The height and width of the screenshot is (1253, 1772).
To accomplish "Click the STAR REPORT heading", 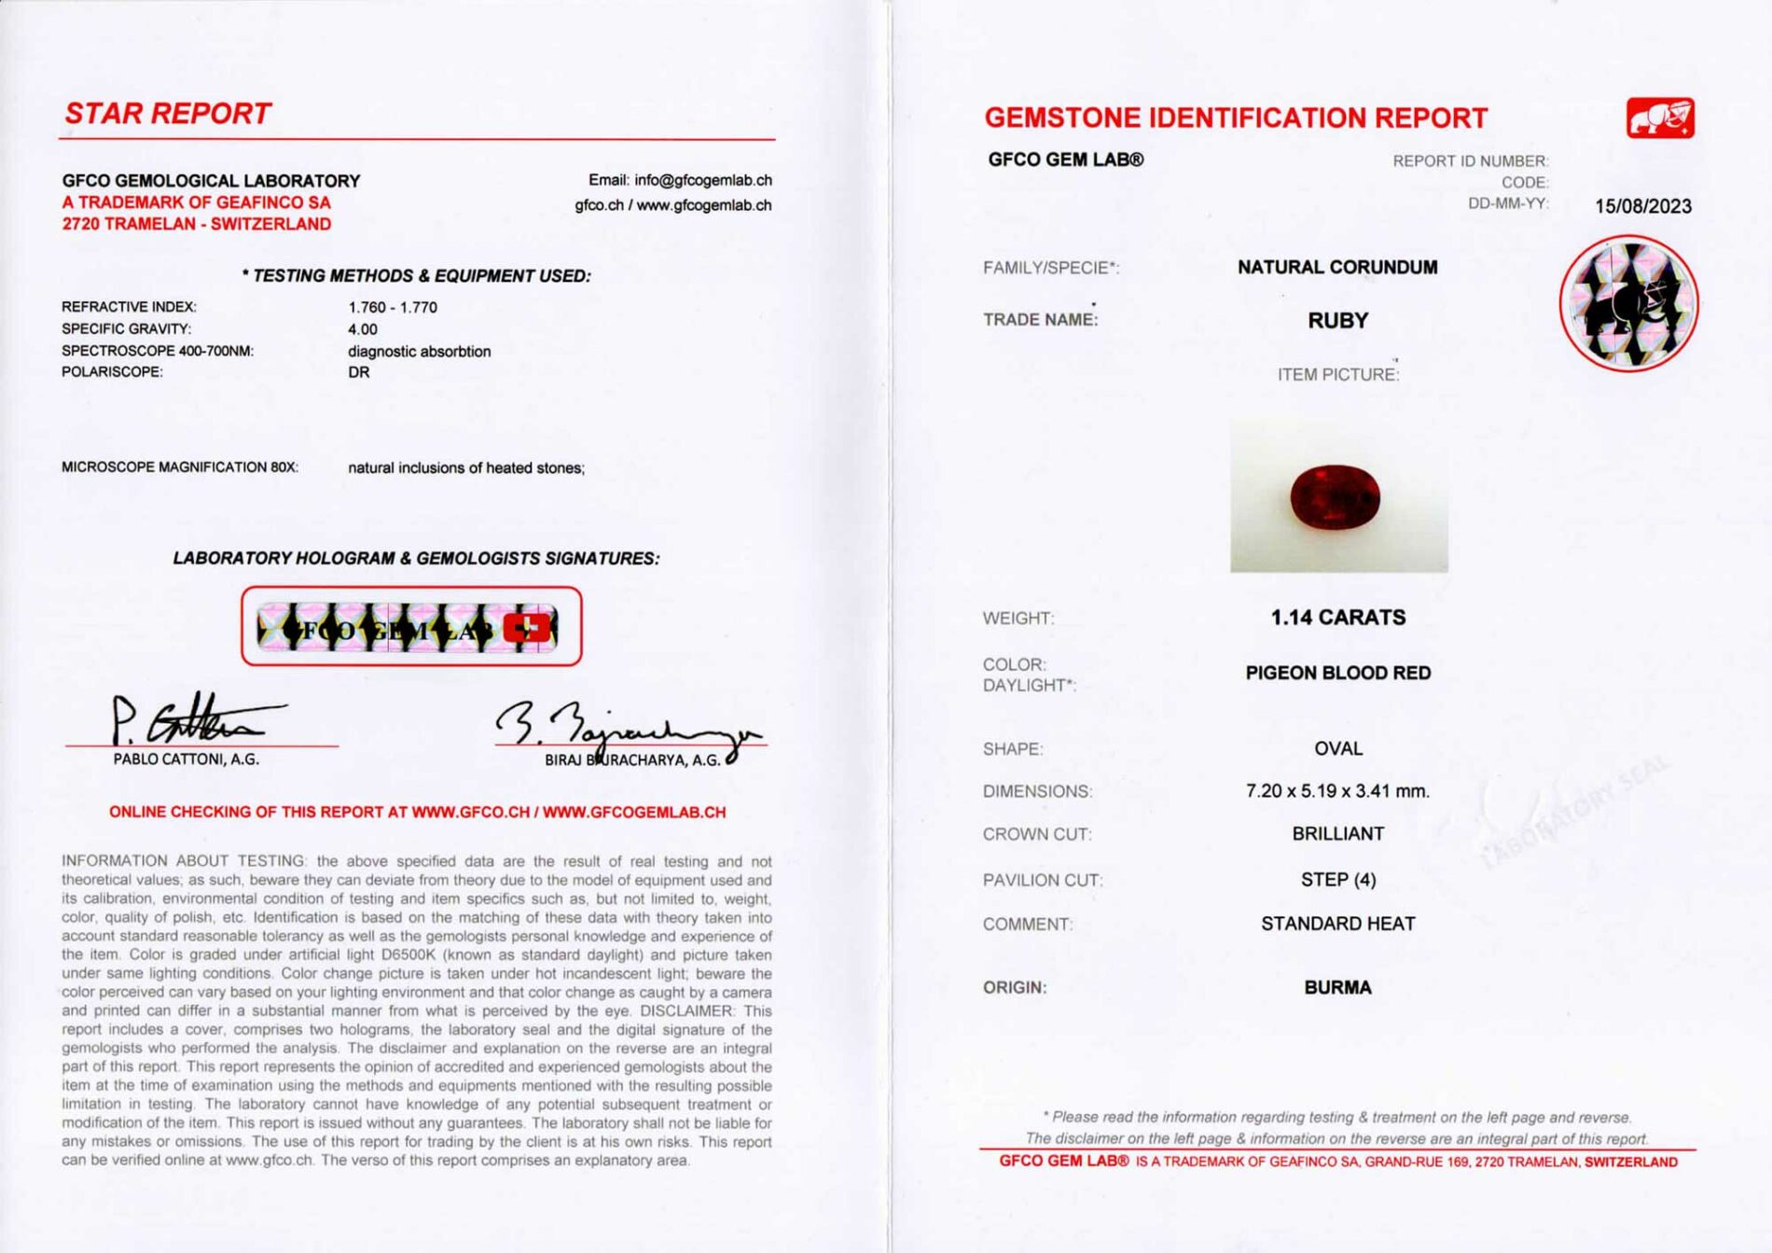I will click(x=168, y=114).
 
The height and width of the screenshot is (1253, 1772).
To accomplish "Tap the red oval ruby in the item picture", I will click(x=1335, y=497).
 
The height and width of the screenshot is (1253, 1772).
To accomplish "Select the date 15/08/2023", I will click(x=1642, y=206).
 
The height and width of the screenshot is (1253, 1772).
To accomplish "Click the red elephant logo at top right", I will click(x=1660, y=118).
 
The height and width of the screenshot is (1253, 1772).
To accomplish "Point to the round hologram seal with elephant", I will click(x=1628, y=303).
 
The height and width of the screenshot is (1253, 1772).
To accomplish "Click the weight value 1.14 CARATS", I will click(x=1337, y=618).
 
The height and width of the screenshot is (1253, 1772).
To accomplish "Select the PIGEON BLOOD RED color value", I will click(x=1337, y=673).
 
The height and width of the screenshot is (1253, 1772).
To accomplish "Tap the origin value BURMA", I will click(x=1337, y=987).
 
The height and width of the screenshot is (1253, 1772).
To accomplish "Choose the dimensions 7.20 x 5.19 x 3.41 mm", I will click(x=1337, y=791).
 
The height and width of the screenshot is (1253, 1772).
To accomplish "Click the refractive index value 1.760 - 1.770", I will click(x=393, y=307).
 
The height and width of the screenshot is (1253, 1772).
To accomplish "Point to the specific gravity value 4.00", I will click(x=363, y=329).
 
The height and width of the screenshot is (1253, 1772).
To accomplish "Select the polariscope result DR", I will click(x=359, y=372).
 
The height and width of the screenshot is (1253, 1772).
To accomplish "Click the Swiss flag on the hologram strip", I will click(x=527, y=627).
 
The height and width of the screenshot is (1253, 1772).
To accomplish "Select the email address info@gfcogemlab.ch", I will click(x=702, y=180).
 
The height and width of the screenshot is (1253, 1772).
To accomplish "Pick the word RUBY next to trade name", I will click(x=1337, y=321).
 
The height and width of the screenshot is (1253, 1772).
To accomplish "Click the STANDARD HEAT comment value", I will click(x=1337, y=924).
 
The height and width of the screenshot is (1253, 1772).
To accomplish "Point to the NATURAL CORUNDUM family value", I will click(x=1337, y=268).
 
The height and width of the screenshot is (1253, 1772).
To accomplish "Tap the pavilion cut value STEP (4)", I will click(x=1337, y=880).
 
